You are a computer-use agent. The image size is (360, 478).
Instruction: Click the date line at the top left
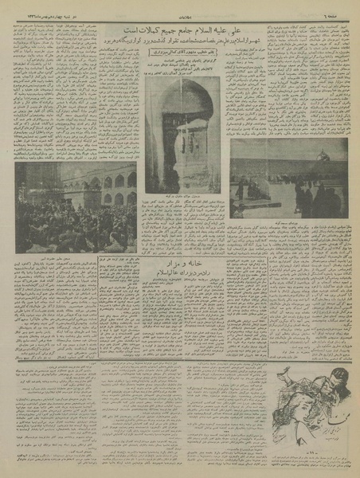click(x=48, y=7)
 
